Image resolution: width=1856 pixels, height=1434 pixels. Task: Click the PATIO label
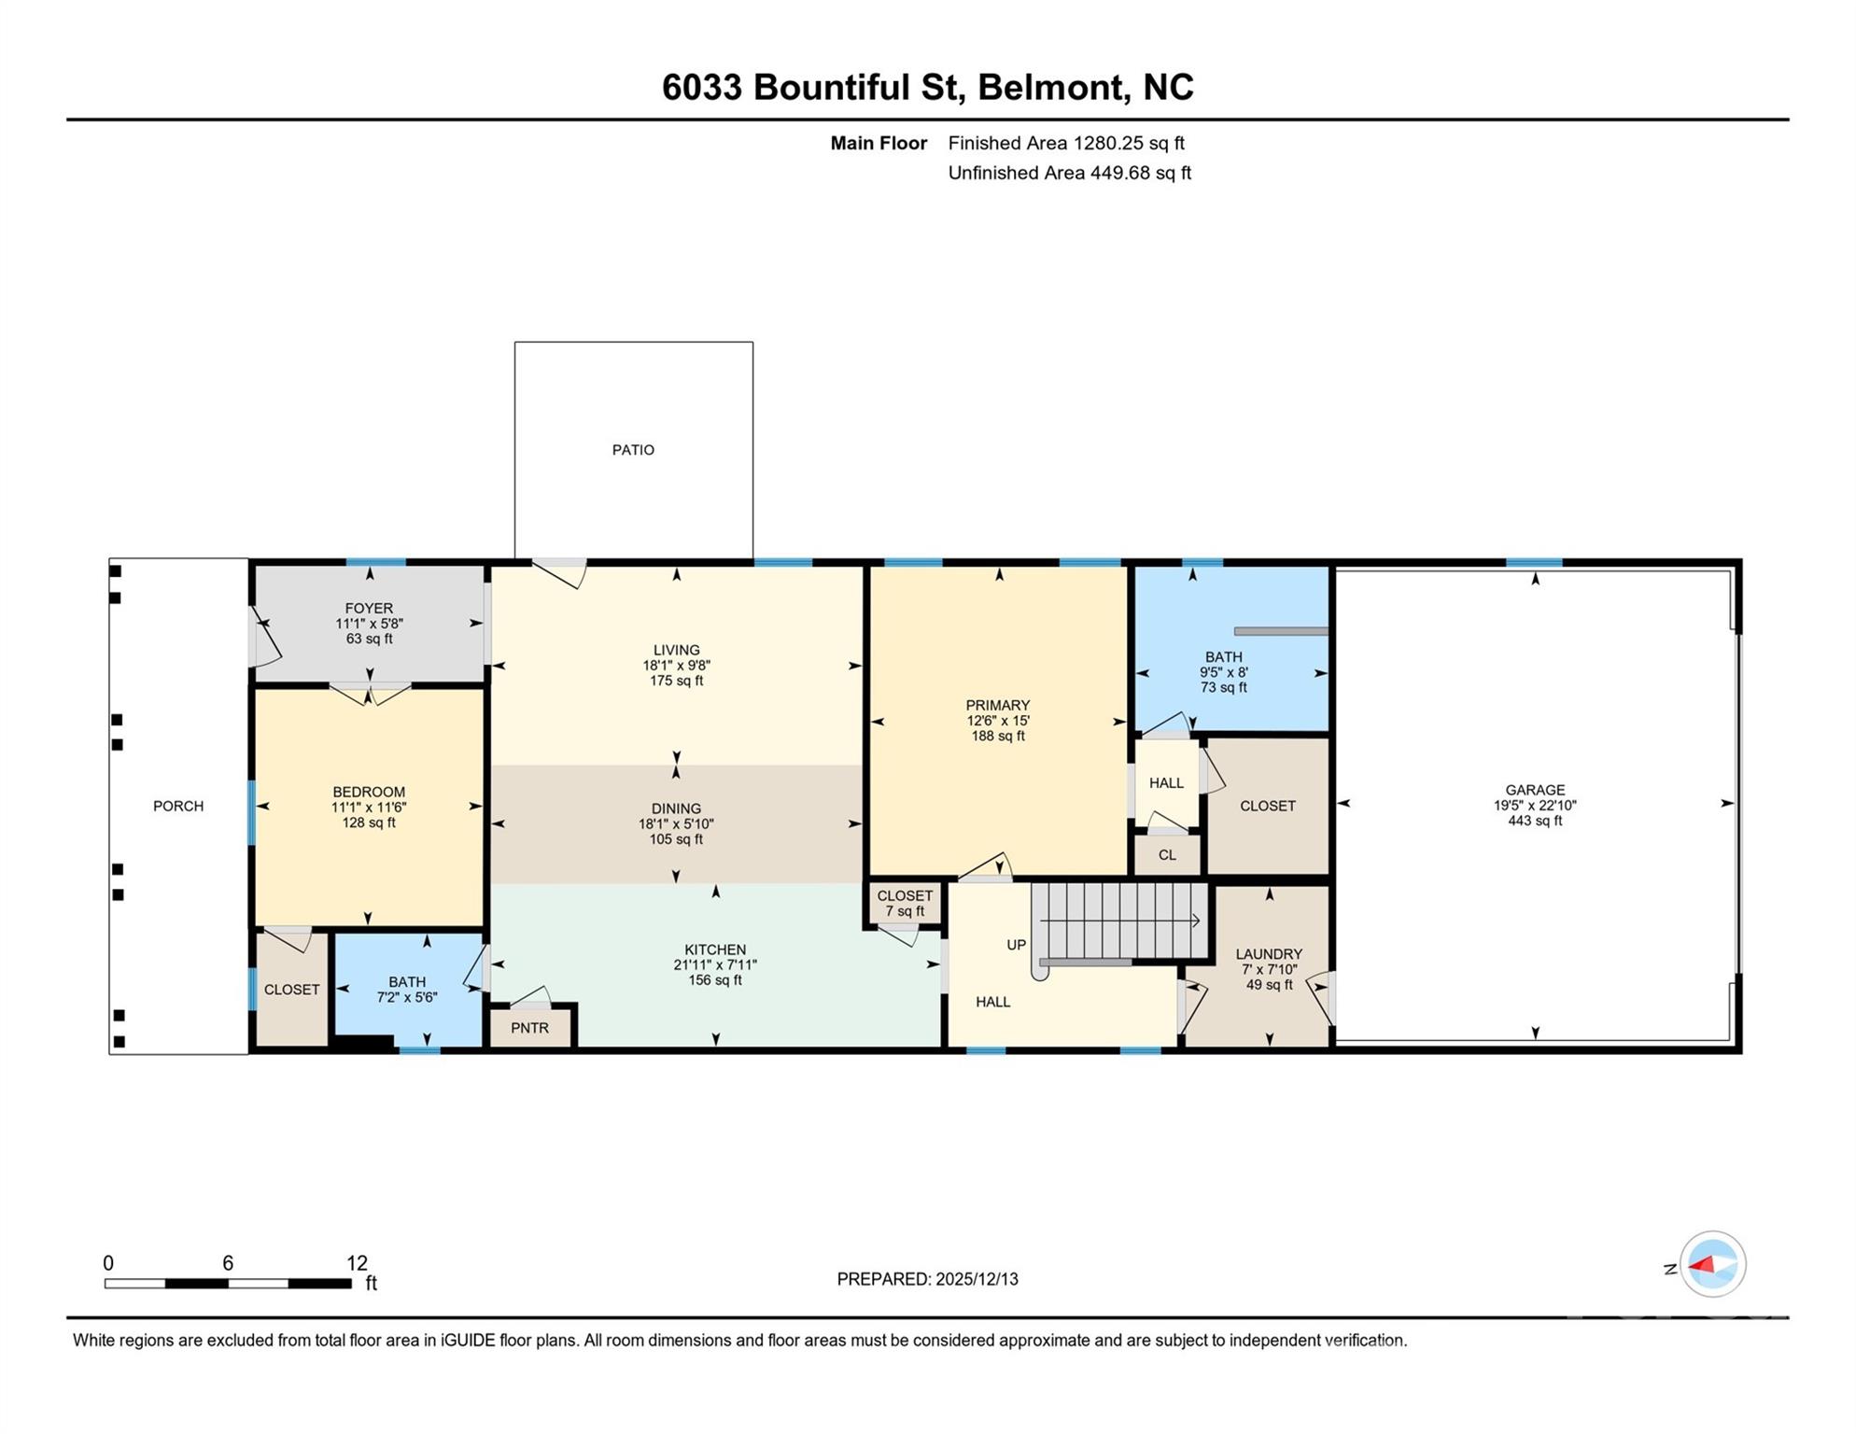point(633,450)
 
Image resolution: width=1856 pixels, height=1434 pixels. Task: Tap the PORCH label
point(178,806)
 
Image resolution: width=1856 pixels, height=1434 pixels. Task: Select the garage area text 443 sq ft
point(1534,821)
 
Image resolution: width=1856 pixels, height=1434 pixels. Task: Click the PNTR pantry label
point(529,1028)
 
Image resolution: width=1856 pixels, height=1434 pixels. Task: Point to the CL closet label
point(1167,855)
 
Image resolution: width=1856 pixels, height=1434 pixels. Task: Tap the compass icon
point(1712,1264)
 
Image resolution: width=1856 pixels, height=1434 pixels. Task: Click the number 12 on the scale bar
point(357,1263)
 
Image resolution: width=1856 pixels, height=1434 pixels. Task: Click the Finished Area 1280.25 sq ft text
point(1065,143)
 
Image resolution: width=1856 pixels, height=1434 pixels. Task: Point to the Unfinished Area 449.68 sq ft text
point(1069,173)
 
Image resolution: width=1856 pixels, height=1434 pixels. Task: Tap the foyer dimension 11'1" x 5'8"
point(369,624)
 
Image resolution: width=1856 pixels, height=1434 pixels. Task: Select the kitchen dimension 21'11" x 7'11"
point(715,965)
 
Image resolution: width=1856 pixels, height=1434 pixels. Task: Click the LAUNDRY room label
point(1268,954)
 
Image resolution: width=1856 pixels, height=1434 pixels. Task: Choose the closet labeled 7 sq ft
point(905,903)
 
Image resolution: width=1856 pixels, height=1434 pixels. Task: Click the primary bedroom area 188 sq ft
point(998,736)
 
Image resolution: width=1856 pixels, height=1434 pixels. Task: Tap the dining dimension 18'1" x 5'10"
point(676,824)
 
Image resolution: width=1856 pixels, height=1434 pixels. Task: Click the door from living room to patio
point(560,571)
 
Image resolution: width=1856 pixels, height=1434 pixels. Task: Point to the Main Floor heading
point(879,143)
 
